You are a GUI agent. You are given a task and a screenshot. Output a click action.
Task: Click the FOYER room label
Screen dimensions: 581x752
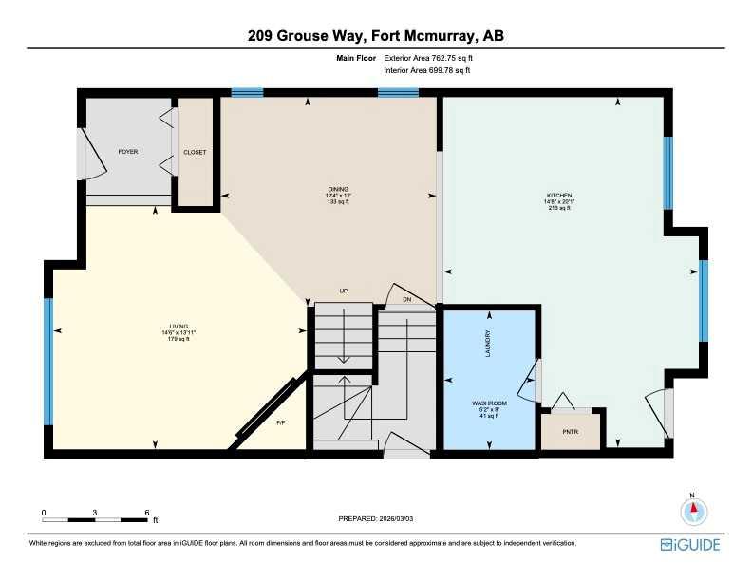(127, 152)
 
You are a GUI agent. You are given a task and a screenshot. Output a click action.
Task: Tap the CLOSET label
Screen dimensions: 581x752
(195, 152)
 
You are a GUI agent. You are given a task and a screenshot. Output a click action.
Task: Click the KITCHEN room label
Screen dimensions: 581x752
(558, 196)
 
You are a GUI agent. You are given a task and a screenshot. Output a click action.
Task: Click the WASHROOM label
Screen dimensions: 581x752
(490, 403)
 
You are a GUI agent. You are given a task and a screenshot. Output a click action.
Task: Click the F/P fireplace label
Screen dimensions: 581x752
(280, 422)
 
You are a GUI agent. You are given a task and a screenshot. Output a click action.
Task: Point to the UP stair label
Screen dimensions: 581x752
(345, 291)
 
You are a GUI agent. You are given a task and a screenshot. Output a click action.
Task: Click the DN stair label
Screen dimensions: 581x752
(406, 299)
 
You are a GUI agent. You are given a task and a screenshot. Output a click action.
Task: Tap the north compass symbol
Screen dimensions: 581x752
(694, 510)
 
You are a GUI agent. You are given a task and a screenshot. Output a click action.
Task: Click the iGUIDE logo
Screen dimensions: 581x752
(690, 545)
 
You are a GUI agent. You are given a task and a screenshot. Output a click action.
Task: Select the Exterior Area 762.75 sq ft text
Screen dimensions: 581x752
(426, 58)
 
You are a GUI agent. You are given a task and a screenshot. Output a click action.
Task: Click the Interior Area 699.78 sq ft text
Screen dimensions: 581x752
(426, 70)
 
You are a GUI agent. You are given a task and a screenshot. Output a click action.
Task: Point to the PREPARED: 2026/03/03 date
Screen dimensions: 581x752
(376, 518)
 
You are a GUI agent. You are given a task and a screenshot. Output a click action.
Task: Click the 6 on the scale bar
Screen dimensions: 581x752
(147, 512)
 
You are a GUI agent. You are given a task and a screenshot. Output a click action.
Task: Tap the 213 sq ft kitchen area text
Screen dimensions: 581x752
(558, 208)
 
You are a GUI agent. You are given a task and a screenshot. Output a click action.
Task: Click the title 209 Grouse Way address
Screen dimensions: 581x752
(375, 36)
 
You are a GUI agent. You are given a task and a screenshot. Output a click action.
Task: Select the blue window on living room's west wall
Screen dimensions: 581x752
(47, 361)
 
